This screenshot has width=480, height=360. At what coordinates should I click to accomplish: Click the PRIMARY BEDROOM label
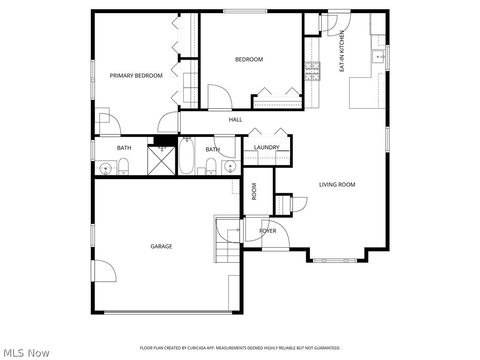click(135, 75)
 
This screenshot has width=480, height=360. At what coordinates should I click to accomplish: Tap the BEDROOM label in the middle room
click(249, 59)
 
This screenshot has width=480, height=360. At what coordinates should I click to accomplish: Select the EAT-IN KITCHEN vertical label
click(342, 52)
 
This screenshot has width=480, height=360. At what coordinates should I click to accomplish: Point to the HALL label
click(236, 120)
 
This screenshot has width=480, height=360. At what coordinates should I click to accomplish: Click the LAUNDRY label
click(266, 148)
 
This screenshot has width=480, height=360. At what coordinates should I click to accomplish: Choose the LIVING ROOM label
click(337, 185)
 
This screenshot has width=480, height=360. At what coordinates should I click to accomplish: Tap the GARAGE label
click(161, 246)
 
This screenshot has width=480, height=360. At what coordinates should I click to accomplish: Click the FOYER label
click(268, 231)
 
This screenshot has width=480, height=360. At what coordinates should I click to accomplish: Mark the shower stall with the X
click(161, 160)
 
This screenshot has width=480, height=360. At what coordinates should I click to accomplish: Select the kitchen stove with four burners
click(313, 69)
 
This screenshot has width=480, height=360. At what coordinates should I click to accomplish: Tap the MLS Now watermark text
click(26, 351)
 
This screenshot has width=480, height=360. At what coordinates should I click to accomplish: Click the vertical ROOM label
click(254, 192)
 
